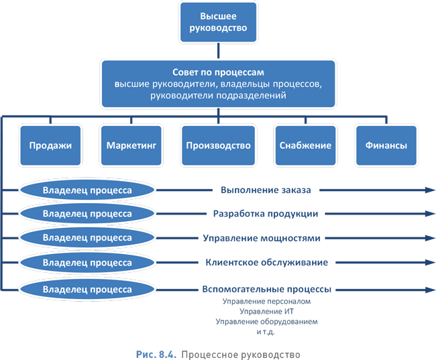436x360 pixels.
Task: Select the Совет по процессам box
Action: click(219, 83)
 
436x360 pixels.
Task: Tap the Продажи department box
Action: click(50, 145)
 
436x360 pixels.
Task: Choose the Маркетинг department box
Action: click(131, 145)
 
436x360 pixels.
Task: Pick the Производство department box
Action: click(218, 145)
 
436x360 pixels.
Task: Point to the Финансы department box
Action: click(386, 145)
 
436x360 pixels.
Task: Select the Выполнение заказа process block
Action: click(266, 190)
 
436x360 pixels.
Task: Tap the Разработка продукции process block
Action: click(266, 214)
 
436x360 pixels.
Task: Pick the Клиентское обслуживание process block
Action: click(266, 262)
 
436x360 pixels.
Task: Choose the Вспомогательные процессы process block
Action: click(266, 290)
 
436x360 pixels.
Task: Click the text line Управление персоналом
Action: click(266, 302)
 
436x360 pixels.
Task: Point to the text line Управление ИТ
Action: click(266, 312)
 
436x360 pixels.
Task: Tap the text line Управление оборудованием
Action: click(266, 322)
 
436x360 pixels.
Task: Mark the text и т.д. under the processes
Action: click(266, 332)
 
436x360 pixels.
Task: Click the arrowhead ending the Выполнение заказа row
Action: click(429, 190)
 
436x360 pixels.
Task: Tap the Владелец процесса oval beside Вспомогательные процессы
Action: click(87, 290)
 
